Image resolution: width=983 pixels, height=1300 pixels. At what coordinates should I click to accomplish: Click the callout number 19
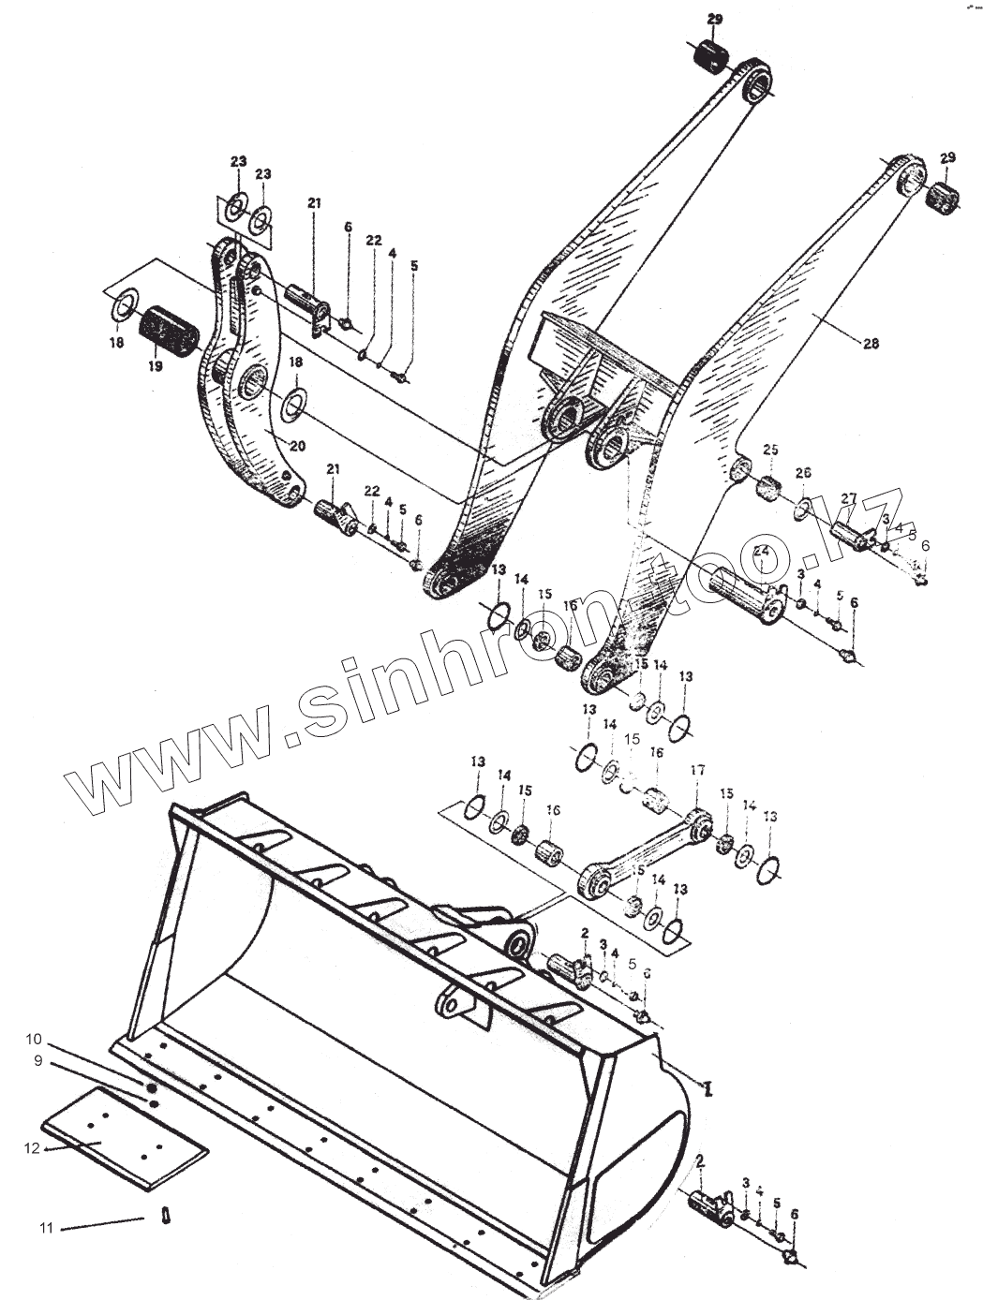156,366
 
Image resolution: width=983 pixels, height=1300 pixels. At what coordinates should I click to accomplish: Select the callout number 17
696,771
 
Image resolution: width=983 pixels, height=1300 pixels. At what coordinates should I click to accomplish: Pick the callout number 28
871,344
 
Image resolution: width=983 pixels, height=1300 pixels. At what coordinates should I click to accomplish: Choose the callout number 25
770,451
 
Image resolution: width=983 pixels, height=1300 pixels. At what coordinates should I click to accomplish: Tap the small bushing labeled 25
769,487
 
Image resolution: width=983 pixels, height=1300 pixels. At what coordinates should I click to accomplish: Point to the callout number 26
803,474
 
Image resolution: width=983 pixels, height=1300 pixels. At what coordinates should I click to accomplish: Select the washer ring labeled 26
803,509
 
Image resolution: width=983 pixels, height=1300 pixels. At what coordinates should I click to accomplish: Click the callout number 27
849,498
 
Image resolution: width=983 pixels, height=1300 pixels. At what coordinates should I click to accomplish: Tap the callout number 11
47,1227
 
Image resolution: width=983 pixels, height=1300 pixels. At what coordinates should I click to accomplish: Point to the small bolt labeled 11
165,1216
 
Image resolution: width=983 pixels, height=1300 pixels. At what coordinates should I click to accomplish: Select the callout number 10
34,1039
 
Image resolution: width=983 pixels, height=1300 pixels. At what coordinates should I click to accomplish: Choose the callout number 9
38,1061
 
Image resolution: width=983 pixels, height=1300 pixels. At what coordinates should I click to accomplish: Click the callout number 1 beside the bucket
709,1087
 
